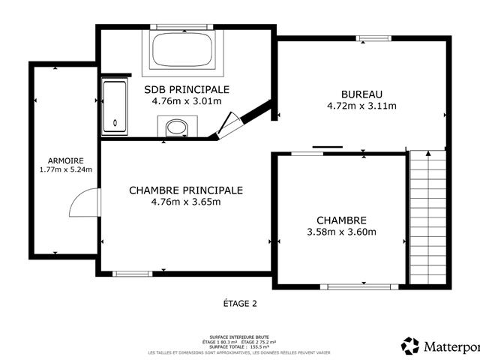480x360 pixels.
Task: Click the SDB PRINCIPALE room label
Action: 187,89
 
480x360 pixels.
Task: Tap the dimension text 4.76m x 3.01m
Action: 187,100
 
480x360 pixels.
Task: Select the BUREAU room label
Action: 361,94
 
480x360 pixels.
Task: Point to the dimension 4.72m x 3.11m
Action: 361,106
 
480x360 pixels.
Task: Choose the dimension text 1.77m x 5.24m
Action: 65,169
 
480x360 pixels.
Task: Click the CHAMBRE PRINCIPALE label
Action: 186,190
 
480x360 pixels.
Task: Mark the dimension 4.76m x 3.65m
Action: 186,202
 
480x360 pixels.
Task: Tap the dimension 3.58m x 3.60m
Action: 341,232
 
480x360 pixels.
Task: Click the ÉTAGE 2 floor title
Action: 240,304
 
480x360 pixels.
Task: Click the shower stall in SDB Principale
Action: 115,105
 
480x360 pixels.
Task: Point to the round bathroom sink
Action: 176,127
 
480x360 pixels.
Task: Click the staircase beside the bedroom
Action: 427,217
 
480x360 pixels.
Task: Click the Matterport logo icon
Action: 410,346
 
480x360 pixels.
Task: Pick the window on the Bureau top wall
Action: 373,38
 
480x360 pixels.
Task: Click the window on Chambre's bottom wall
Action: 359,286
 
